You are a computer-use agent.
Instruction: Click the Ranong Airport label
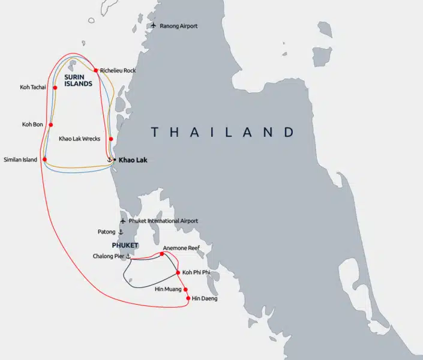[x=179, y=26]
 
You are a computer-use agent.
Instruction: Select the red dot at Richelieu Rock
[x=96, y=70]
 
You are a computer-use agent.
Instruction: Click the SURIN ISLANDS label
[x=79, y=80]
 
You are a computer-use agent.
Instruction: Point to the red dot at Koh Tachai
[x=55, y=88]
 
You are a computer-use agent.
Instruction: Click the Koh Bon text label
[x=34, y=125]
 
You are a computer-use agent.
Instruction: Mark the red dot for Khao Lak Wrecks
[x=111, y=139]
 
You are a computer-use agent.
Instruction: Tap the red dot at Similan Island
[x=44, y=160]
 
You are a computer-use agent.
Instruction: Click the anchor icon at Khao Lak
[x=109, y=160]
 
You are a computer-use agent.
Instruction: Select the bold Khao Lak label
[x=133, y=160]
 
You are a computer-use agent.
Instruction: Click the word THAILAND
[x=223, y=132]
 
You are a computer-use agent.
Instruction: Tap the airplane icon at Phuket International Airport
[x=123, y=221]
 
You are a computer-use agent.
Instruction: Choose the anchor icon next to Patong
[x=121, y=232]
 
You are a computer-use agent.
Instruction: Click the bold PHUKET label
[x=125, y=245]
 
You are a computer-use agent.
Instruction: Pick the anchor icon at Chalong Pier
[x=128, y=257]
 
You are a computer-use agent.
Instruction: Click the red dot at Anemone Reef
[x=162, y=254]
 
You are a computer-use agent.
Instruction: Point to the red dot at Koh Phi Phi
[x=178, y=273]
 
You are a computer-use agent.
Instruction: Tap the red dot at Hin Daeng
[x=188, y=298]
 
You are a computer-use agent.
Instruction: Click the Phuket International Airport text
[x=163, y=221]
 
